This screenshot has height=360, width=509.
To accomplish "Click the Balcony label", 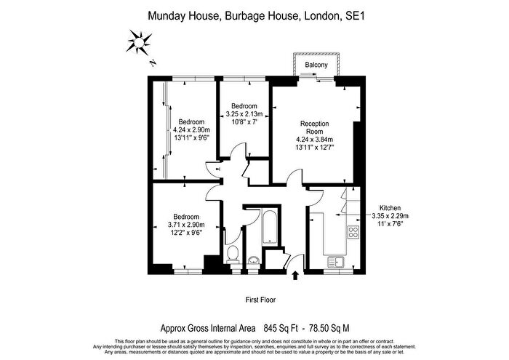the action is coord(316,65).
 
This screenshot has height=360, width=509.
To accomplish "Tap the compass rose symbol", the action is coord(139,42).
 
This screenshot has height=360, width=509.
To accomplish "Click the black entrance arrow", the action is coord(295,276).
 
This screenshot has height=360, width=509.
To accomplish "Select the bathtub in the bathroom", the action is coord(269,227).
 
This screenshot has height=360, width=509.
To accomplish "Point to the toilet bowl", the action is coord(233,255).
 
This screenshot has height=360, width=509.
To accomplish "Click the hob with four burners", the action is coord(353,232).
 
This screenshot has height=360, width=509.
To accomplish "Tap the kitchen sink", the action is coord(336,262).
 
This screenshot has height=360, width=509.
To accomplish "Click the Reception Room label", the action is coord(315,127).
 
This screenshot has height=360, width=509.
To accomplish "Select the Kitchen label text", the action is coord(390,208).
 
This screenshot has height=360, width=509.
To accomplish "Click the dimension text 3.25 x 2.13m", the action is coord(244,114).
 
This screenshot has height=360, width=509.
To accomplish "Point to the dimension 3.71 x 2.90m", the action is coord(186,225).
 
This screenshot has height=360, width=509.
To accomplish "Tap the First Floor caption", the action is coord(260,300).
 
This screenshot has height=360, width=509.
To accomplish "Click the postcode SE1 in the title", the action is coord(355,16).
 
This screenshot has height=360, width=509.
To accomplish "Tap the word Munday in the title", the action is coord(167,16).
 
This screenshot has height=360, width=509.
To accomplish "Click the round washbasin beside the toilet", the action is coord(253,260).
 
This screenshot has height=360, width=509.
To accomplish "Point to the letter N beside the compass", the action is coord(153,63).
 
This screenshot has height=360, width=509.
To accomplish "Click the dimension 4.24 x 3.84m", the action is coord(315,140).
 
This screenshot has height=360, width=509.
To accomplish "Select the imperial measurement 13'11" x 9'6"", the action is coord(191,137).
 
